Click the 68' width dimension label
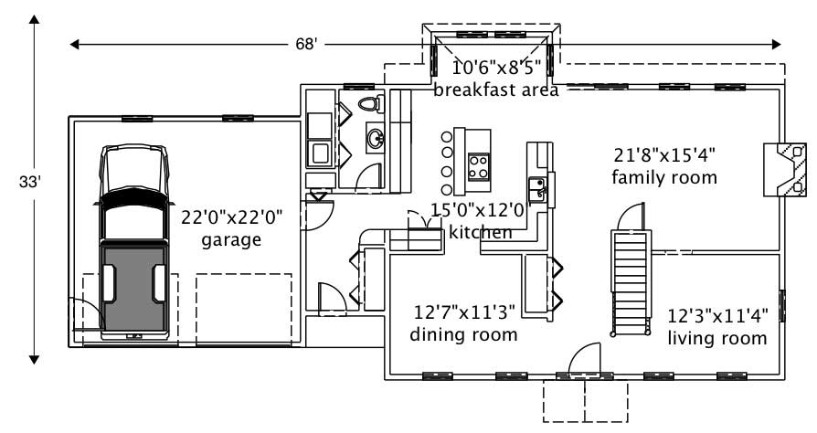pos(306,44)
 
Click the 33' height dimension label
pos(31,182)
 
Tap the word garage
pos(231,240)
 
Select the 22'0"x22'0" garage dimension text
pos(233,217)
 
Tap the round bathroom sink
pos(375,138)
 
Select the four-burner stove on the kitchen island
pos(479,165)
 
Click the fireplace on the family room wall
pos(785,169)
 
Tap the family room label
pos(664,176)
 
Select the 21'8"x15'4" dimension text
pos(664,154)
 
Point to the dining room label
pos(464,334)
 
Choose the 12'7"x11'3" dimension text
pos(464,313)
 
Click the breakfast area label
pos(495,90)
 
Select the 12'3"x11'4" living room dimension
pos(716,317)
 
